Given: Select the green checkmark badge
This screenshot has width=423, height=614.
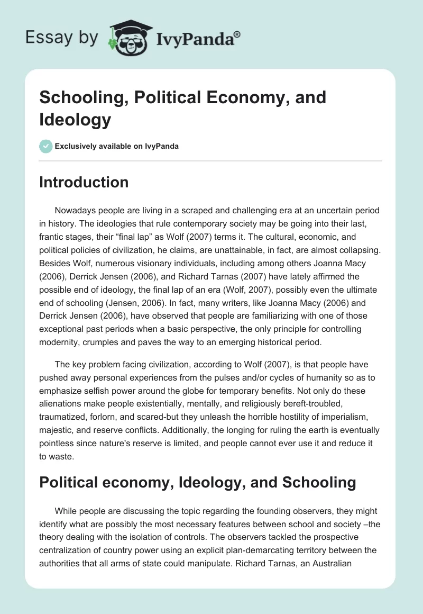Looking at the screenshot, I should coord(45,146).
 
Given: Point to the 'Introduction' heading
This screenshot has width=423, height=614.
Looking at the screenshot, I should coord(84,183).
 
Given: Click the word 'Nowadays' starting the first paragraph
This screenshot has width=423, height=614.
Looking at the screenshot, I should coord(75,211).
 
